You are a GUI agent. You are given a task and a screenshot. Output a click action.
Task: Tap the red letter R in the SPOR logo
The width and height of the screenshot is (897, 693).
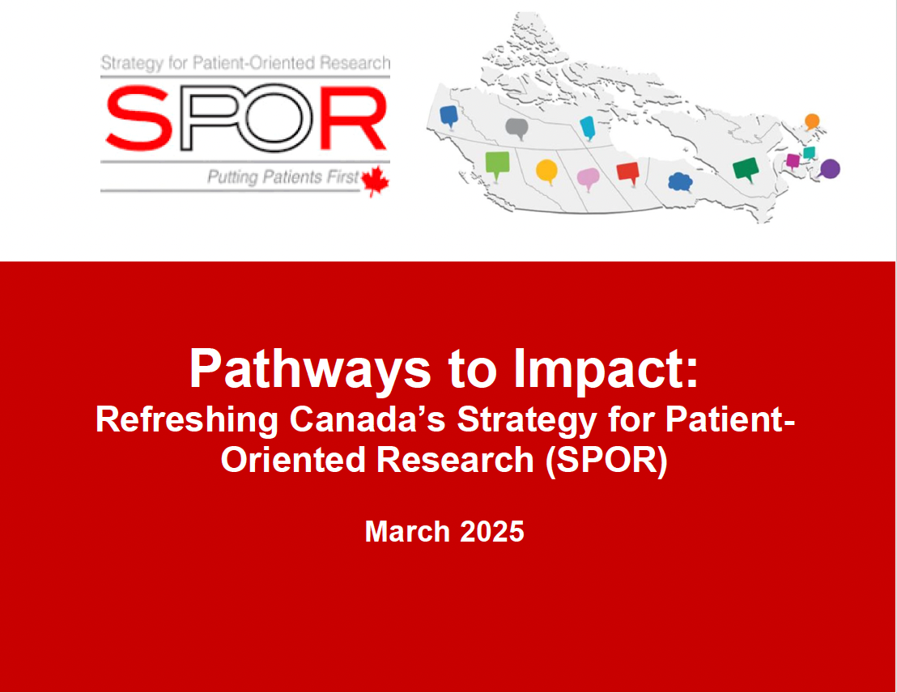pyautogui.click(x=353, y=118)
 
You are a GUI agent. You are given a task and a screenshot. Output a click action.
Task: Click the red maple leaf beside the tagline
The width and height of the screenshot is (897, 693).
pyautogui.click(x=376, y=181)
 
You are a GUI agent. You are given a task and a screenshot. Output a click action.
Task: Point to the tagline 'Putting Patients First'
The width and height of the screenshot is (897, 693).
pyautogui.click(x=283, y=177)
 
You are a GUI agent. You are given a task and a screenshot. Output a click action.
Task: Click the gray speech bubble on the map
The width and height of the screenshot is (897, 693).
pyautogui.click(x=517, y=129)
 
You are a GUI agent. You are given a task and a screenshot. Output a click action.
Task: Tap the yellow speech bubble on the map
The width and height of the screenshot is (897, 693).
pyautogui.click(x=547, y=172)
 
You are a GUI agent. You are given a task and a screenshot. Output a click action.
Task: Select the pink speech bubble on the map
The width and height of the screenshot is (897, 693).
pyautogui.click(x=588, y=180)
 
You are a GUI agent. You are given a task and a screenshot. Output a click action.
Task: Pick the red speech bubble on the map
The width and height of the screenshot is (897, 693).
pyautogui.click(x=627, y=172)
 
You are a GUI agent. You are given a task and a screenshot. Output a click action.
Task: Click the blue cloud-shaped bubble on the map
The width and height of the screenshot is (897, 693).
pyautogui.click(x=680, y=182)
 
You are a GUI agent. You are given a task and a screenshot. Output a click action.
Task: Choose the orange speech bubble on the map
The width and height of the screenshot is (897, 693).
pyautogui.click(x=812, y=122)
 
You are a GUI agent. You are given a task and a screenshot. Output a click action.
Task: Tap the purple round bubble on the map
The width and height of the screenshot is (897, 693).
pyautogui.click(x=830, y=169)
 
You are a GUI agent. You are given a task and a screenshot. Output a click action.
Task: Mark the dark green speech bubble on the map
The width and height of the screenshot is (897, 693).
pyautogui.click(x=746, y=169)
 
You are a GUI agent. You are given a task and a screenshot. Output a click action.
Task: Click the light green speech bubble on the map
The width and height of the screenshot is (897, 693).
pyautogui.click(x=497, y=164)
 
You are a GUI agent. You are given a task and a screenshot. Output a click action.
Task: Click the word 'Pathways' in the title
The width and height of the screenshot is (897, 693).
pyautogui.click(x=310, y=369)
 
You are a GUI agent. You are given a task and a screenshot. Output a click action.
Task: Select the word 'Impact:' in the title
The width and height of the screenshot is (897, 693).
pyautogui.click(x=606, y=369)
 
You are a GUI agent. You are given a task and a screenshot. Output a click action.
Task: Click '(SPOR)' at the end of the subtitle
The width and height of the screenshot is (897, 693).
pyautogui.click(x=606, y=461)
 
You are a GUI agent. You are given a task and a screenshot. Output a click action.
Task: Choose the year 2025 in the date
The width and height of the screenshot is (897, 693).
pyautogui.click(x=492, y=532)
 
